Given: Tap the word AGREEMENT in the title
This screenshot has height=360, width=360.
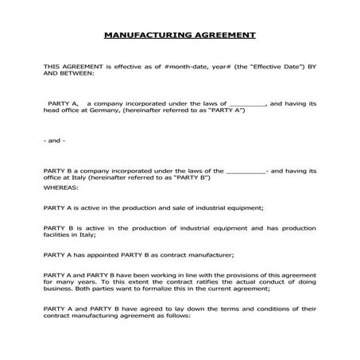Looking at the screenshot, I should pos(223,35).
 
